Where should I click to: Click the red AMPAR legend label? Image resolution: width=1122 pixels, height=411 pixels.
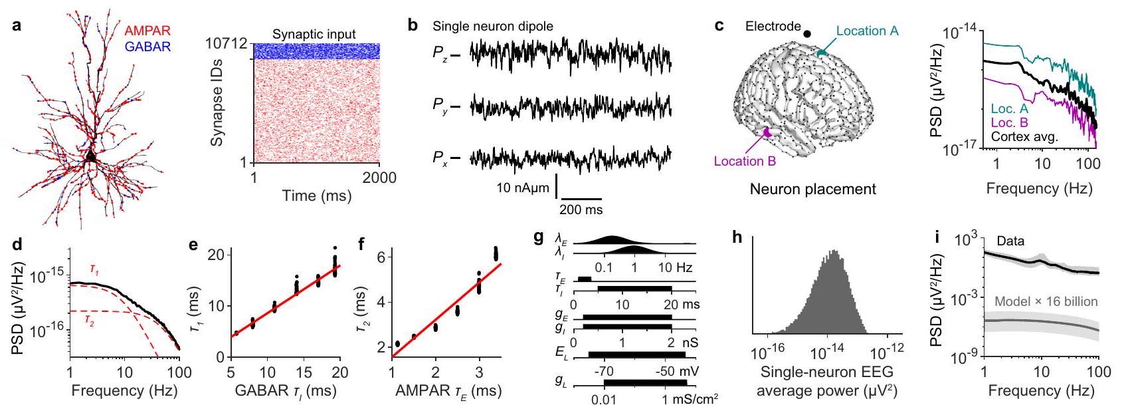(x=148, y=31)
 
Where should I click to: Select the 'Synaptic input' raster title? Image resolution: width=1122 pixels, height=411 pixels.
(x=314, y=34)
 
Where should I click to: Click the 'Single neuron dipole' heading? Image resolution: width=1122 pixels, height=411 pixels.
(x=492, y=27)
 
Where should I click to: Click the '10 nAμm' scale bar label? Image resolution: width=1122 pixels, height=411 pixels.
(x=523, y=188)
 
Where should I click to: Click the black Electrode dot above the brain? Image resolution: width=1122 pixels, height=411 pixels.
(x=807, y=33)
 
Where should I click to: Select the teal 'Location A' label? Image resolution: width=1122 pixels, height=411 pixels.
(x=862, y=31)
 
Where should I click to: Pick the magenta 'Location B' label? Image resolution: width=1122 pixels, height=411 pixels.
(x=745, y=160)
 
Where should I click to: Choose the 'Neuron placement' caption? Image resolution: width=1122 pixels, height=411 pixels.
(x=812, y=189)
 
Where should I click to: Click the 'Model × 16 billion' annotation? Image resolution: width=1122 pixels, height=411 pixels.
(x=1046, y=301)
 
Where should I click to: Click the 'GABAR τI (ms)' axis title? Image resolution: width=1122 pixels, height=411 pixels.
(x=286, y=391)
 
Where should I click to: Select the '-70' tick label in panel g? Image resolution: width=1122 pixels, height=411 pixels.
(x=604, y=370)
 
